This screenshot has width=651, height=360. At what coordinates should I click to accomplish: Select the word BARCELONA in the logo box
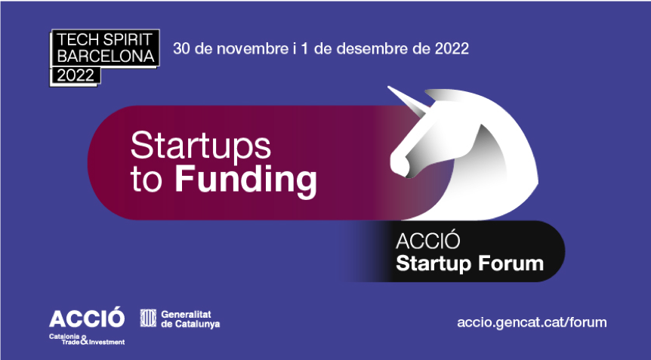coord(105,57)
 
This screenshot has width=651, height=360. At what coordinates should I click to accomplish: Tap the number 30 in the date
coord(181,49)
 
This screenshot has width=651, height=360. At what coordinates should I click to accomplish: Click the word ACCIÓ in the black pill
coord(428,243)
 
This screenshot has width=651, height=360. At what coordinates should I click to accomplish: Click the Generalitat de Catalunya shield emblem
coord(149,318)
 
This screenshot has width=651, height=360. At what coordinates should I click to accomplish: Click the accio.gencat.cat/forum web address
coord(532,322)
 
